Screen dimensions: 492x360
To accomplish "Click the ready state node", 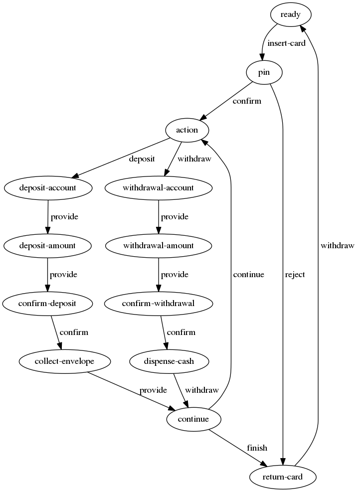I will click(291, 15).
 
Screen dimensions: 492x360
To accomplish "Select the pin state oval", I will click(264, 73).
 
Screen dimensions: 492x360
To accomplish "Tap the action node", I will click(187, 130).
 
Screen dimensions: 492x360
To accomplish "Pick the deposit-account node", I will click(48, 188).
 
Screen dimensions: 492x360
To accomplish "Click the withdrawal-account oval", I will click(159, 188).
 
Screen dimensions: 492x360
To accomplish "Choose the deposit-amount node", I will click(47, 245).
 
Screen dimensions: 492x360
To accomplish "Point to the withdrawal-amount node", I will click(159, 245).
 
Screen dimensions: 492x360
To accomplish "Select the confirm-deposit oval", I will click(47, 303).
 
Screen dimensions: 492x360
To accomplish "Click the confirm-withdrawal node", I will click(159, 303).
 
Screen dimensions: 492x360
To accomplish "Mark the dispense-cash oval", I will click(169, 361).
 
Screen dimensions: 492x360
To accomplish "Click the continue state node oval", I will click(194, 419).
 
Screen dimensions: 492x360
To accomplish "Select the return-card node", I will click(283, 477).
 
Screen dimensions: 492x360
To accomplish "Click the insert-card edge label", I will click(286, 43).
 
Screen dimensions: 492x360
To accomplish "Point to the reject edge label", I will click(295, 275).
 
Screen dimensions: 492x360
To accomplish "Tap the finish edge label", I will click(257, 448).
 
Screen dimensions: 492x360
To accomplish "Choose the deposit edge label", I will click(142, 159).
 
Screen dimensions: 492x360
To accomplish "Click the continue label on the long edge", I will click(248, 275).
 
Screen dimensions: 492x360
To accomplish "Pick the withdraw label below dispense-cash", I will click(201, 390).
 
